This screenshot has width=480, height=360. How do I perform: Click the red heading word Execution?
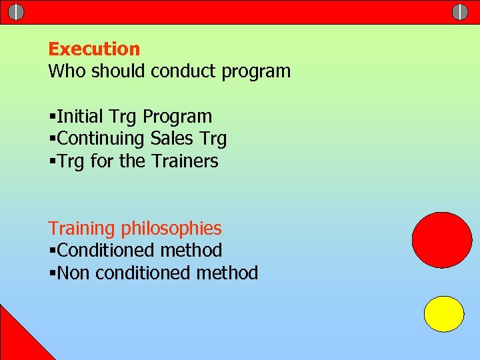(x=94, y=49)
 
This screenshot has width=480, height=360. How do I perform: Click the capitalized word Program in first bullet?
(x=178, y=117)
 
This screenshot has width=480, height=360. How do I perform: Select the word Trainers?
(x=185, y=161)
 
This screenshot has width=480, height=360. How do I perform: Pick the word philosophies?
(x=171, y=229)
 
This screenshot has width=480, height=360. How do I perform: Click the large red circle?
(x=441, y=240)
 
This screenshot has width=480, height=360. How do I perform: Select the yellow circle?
(x=444, y=314)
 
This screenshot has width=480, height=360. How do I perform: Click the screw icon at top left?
(x=17, y=12)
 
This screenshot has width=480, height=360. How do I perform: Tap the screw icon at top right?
(x=460, y=12)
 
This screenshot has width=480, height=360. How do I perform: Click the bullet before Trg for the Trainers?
(x=52, y=161)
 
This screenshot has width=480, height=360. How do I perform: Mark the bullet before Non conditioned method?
(x=52, y=273)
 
